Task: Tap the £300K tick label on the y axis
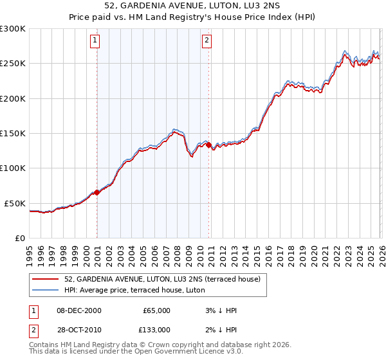tap(13, 29)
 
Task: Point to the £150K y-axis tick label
tap(13, 134)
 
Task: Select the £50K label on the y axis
tap(15, 203)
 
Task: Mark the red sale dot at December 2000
tap(96, 192)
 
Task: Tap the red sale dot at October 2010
tap(208, 145)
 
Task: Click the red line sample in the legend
tap(47, 279)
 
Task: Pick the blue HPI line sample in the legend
tap(47, 290)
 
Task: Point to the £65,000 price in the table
tap(156, 310)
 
